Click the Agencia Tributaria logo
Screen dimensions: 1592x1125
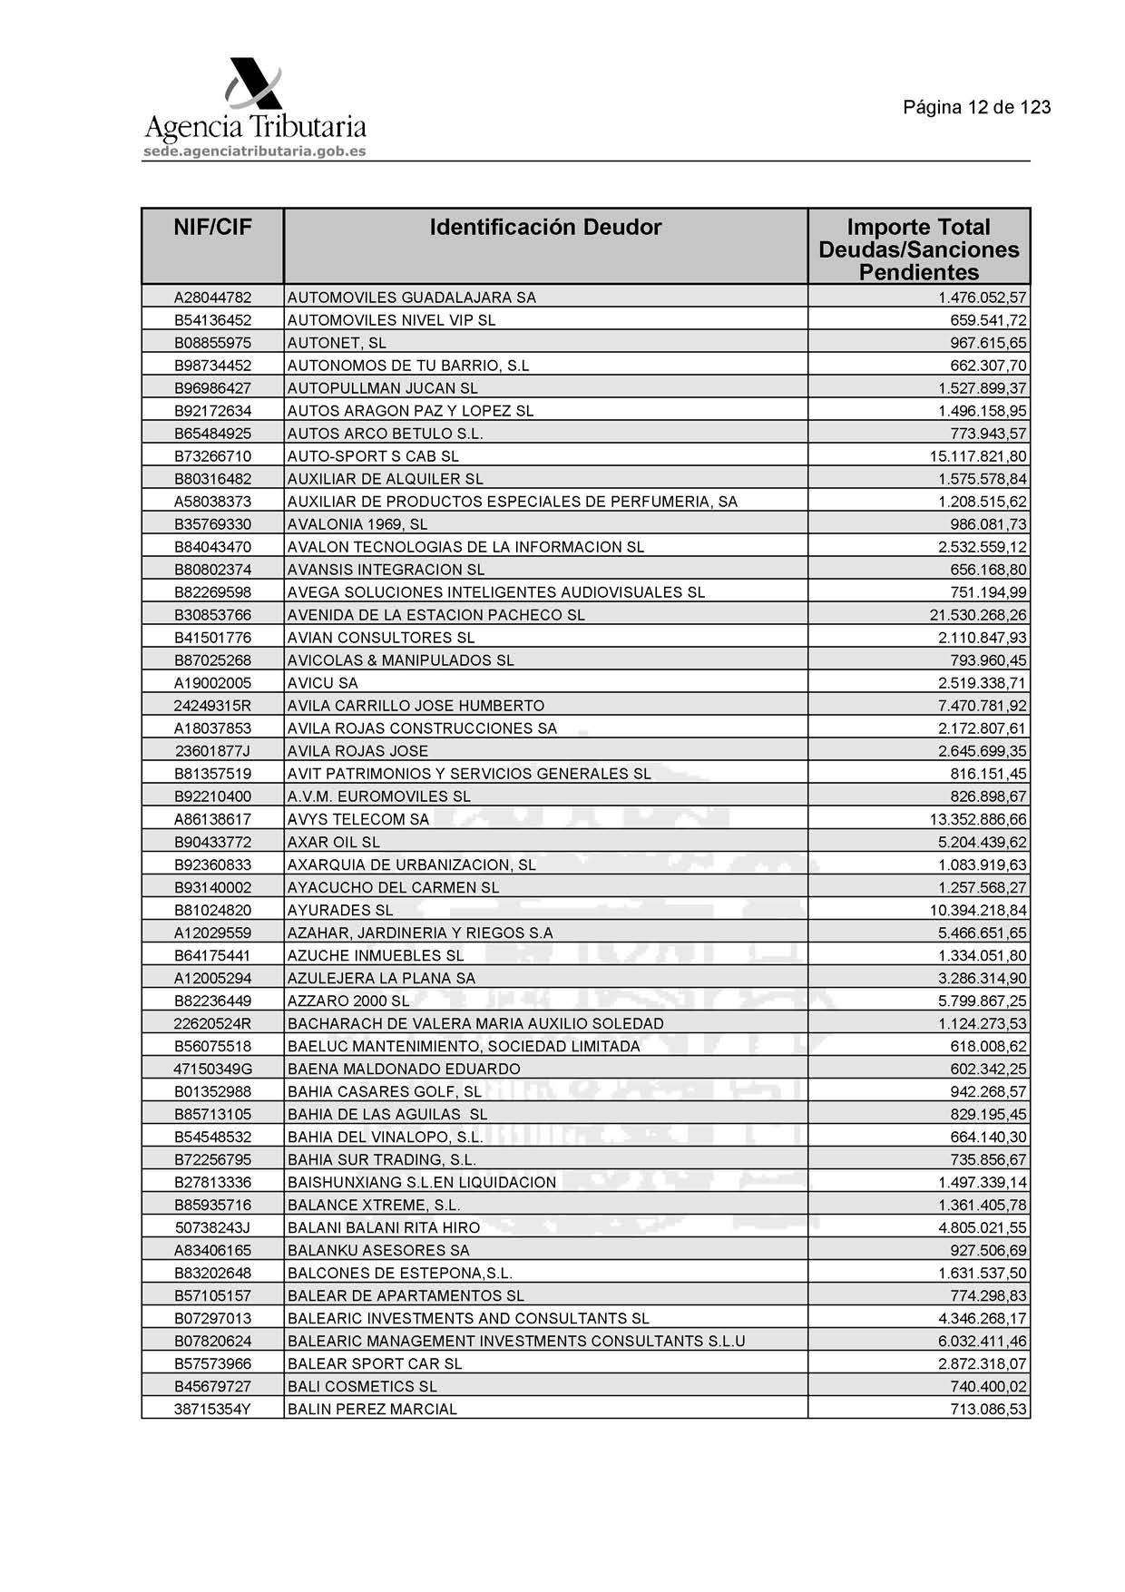coord(255,104)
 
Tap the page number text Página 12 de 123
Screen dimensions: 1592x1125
coord(976,108)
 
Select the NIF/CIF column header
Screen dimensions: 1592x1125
coord(212,228)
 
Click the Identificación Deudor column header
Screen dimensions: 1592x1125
coord(545,228)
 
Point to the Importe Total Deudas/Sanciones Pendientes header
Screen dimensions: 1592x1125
coord(918,249)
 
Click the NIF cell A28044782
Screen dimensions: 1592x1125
coord(212,298)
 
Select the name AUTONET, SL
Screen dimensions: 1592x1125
coord(337,343)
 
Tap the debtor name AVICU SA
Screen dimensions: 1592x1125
coord(323,683)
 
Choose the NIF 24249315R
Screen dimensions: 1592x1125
coord(212,706)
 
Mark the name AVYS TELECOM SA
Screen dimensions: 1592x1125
coord(358,819)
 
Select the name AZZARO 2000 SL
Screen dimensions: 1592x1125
coord(348,1001)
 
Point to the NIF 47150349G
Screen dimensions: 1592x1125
coord(212,1069)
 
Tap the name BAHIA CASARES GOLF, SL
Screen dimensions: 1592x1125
coord(385,1091)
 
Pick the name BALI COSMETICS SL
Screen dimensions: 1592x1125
coord(362,1386)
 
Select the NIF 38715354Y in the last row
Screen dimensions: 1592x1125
coord(212,1409)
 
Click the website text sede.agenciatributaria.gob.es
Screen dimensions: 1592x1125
coord(255,151)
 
